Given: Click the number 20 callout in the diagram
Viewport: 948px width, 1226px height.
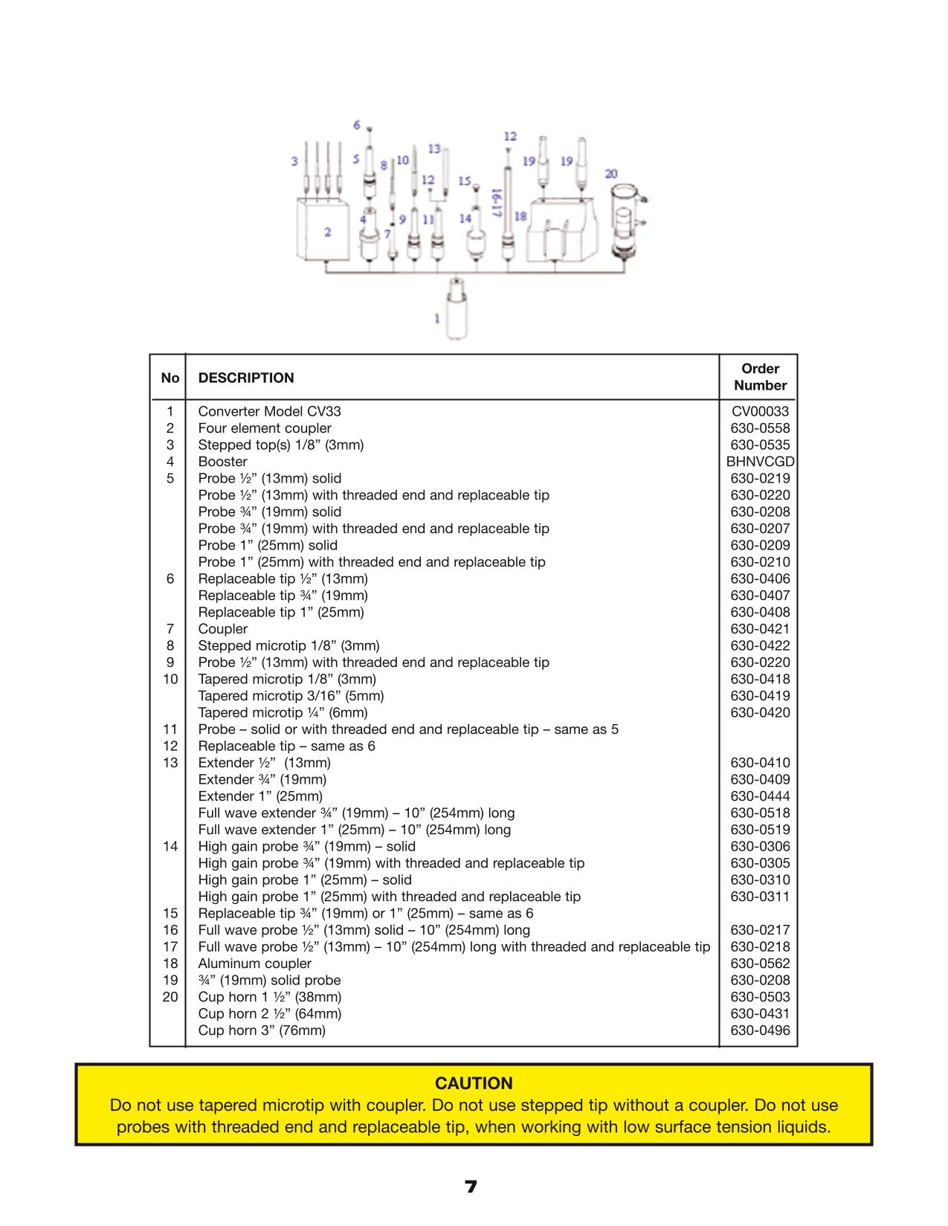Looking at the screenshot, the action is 610,174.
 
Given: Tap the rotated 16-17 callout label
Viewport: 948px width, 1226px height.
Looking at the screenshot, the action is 496,203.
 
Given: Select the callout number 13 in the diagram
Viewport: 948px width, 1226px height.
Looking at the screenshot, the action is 433,149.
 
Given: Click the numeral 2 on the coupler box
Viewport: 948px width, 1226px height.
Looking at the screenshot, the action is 328,232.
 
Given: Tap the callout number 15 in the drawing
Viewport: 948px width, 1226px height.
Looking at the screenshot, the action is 464,181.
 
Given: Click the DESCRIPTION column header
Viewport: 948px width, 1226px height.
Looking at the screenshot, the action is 246,378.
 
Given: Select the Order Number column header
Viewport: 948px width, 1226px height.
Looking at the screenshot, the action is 760,376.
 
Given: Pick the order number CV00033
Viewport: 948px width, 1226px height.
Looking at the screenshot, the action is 760,411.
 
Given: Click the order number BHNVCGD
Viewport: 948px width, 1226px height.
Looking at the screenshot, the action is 760,462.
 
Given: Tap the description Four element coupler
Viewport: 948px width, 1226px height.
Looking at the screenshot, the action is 265,428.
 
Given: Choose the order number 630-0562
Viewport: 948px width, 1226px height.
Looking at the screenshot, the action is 760,963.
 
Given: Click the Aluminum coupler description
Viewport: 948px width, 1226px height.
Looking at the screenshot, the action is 254,963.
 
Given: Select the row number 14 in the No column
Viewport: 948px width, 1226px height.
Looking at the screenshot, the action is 170,846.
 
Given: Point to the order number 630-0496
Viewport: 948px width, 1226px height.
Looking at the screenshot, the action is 760,1030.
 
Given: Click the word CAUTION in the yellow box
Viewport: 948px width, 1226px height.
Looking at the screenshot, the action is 474,1083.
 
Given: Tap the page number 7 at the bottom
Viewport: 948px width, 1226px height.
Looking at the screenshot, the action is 471,1187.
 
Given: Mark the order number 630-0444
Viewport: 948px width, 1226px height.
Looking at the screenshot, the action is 760,796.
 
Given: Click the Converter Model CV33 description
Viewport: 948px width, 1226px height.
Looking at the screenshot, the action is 270,411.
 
